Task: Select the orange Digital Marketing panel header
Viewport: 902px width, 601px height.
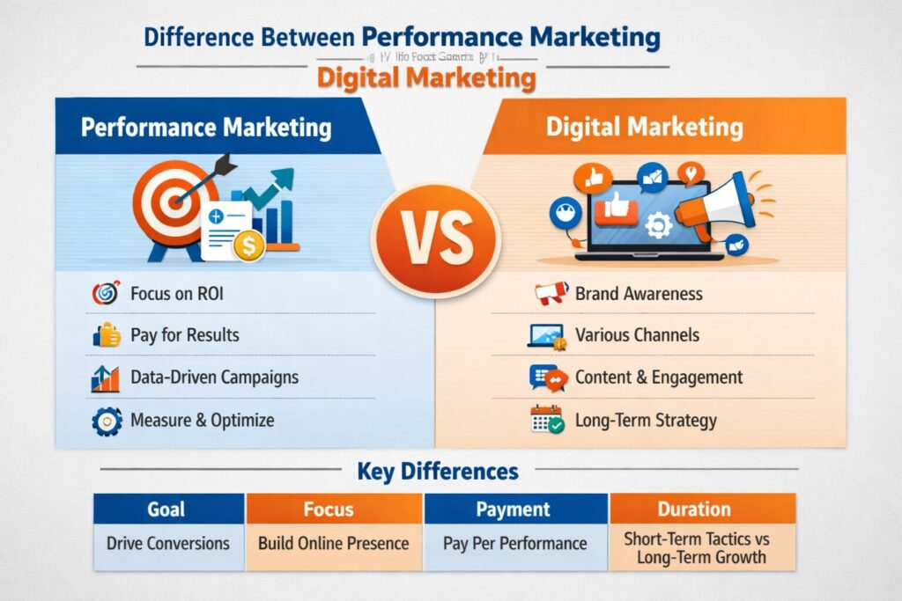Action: click(644, 127)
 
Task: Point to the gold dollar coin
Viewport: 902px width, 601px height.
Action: click(249, 246)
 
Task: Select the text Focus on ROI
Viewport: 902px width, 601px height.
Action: click(176, 294)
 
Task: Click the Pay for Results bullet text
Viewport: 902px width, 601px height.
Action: click(184, 335)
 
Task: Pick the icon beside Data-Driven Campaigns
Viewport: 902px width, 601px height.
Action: click(105, 378)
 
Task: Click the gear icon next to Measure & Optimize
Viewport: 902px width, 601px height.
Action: click(106, 421)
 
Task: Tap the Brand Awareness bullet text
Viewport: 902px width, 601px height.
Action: click(639, 294)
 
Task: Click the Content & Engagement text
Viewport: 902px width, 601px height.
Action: click(658, 377)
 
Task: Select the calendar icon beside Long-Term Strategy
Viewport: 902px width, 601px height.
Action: click(546, 420)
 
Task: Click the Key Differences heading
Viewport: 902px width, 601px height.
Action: click(438, 471)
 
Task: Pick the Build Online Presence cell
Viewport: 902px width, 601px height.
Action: click(333, 543)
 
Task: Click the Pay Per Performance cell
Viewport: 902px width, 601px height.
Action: click(514, 543)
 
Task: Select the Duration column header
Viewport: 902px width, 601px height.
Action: click(694, 509)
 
